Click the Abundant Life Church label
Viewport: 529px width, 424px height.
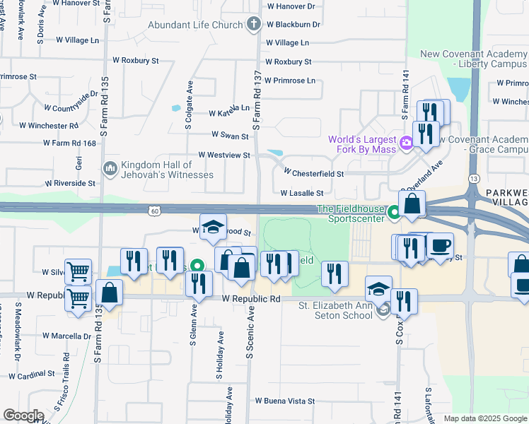tap(195, 25)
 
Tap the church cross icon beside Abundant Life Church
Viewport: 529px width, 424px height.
tap(253, 25)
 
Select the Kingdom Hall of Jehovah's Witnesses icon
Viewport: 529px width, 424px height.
tap(110, 169)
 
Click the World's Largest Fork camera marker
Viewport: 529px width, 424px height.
tap(406, 143)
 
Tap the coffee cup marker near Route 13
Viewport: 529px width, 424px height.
tap(441, 245)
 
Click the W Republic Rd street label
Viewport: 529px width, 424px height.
tap(251, 299)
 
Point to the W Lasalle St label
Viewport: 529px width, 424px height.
tap(302, 193)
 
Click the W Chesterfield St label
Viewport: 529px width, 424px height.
tap(314, 173)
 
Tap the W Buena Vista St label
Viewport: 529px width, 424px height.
tap(285, 401)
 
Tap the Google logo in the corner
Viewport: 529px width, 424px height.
tap(23, 416)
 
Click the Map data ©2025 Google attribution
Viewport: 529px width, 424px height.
tap(484, 418)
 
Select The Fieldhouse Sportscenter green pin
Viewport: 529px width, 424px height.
tap(394, 210)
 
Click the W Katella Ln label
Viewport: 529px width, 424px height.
tap(229, 112)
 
